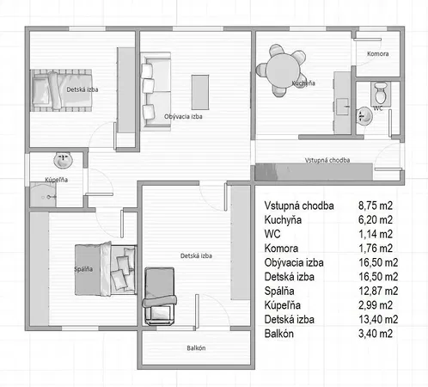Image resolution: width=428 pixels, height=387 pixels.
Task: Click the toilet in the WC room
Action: point(381,93)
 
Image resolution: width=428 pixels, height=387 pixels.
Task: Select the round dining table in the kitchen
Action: point(283,70)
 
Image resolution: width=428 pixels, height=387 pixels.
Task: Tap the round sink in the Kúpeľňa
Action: point(63,160)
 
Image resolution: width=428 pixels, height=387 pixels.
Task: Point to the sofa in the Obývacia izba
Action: point(156,91)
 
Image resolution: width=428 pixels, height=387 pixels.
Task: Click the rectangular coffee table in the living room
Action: point(200,92)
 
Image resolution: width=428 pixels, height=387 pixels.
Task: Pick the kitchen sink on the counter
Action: point(343,107)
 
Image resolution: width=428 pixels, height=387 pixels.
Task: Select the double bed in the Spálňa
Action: point(106,269)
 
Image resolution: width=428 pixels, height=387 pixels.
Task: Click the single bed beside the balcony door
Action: point(160,296)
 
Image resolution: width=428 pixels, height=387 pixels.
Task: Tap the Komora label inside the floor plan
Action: point(378,53)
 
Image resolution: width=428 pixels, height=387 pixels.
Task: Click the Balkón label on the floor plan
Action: point(196,348)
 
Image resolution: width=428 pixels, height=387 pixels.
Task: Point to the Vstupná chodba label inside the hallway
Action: point(327,160)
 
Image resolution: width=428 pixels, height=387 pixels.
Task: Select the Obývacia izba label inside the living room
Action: point(183,116)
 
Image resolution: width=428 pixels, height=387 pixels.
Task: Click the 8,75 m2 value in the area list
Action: point(376,206)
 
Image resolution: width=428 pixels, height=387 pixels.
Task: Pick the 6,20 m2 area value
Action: point(376,219)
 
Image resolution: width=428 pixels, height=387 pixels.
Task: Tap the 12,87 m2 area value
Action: point(378,291)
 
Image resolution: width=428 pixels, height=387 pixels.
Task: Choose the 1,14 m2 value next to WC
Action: point(376,234)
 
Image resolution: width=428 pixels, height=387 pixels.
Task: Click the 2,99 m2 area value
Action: point(376,305)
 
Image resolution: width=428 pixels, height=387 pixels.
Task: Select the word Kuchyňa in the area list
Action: point(283,219)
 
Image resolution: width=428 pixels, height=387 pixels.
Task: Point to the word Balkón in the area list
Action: point(279,334)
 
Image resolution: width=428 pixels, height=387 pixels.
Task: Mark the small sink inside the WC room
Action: point(364,116)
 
